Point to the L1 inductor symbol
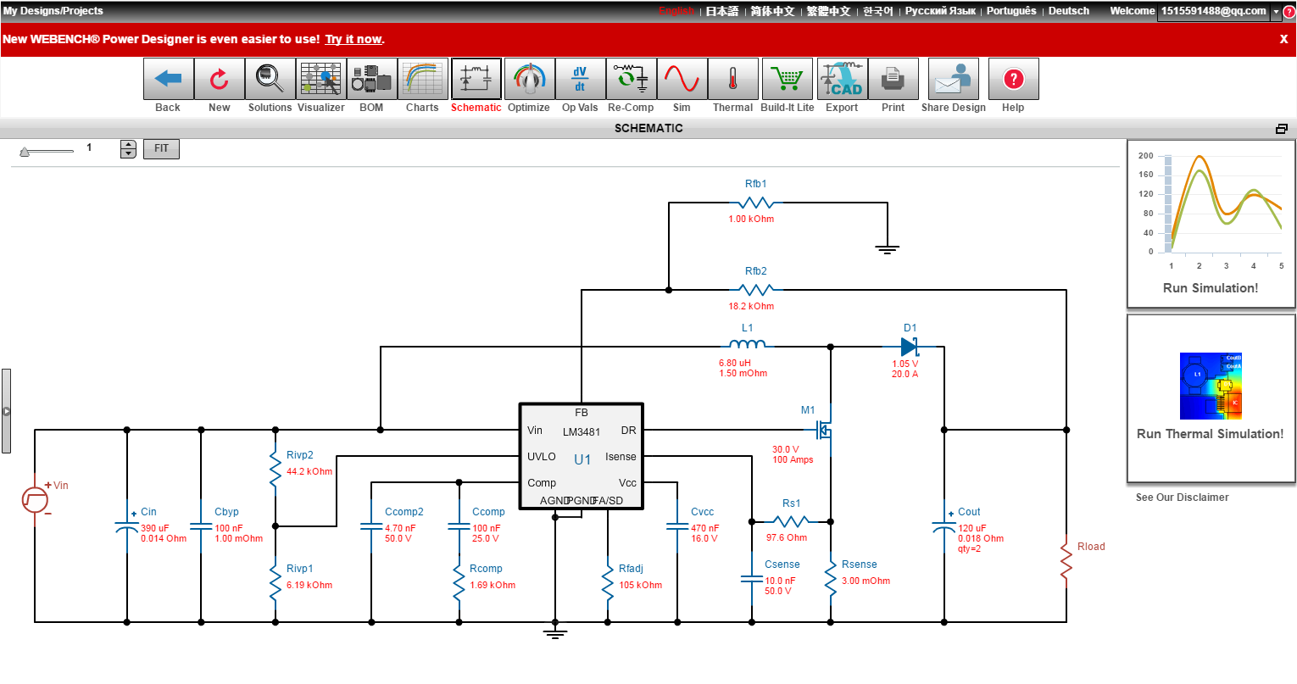click(747, 345)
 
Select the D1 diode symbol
click(910, 346)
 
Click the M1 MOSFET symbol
click(823, 430)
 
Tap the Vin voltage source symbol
click(35, 499)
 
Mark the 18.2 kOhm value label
click(751, 307)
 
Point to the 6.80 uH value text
click(735, 363)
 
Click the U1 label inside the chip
click(582, 459)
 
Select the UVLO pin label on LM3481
click(542, 457)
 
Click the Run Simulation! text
click(1211, 288)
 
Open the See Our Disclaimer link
click(1182, 498)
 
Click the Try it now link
click(353, 39)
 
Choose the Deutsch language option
click(1068, 11)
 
